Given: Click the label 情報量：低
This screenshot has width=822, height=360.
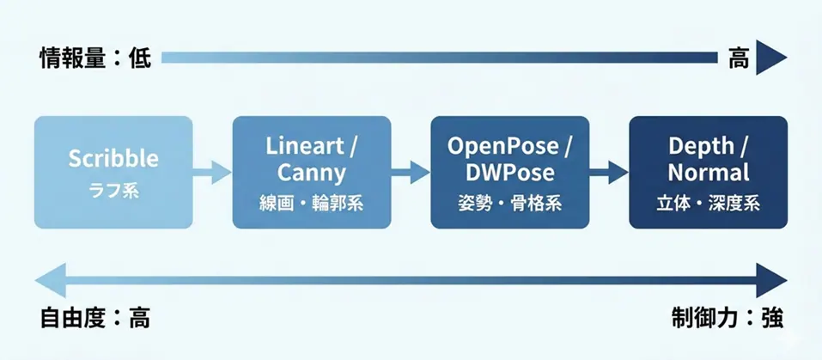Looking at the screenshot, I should click(95, 58).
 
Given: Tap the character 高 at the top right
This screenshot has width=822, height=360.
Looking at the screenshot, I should click(739, 58).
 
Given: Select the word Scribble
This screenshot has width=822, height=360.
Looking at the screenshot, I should click(113, 159).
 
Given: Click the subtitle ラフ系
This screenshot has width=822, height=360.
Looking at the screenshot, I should click(113, 190).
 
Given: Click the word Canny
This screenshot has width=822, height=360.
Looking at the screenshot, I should click(312, 173).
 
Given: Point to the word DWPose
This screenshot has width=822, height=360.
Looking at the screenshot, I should click(509, 173).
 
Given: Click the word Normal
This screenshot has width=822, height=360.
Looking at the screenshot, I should click(708, 173).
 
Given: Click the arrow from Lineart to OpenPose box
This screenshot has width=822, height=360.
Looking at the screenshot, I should click(411, 172).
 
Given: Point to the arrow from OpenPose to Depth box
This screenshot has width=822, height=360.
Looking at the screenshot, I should click(609, 172).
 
